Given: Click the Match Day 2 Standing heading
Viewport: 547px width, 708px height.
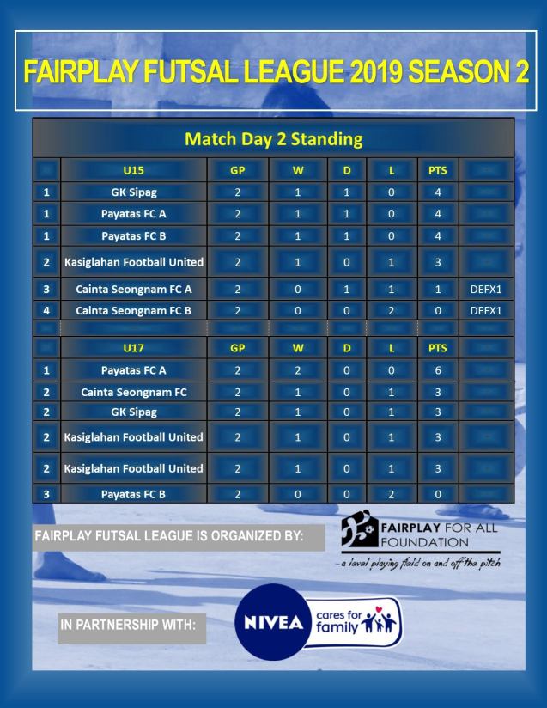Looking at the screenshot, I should click(x=273, y=137).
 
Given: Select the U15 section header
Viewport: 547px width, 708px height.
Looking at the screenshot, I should click(x=133, y=170).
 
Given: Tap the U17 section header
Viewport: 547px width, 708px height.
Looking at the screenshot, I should click(x=133, y=350).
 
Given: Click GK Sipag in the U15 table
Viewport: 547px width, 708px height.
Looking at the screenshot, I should click(x=133, y=192).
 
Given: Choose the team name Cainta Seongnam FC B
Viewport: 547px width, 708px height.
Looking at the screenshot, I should click(x=133, y=310).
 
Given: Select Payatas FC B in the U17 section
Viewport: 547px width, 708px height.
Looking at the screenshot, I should click(x=133, y=494).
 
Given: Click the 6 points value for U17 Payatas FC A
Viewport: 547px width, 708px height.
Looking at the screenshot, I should click(x=438, y=371).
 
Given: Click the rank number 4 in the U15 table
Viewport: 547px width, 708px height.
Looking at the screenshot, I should click(x=46, y=310).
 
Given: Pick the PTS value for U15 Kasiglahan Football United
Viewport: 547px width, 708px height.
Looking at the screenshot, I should click(x=438, y=260).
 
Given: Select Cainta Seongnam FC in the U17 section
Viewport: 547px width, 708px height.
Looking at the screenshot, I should click(x=133, y=392).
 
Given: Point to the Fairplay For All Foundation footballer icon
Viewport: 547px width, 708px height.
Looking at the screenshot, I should click(x=359, y=534).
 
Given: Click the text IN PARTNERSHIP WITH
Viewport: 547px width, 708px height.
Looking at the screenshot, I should click(x=127, y=626).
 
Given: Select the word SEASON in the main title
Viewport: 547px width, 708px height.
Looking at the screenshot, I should click(x=454, y=72).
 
